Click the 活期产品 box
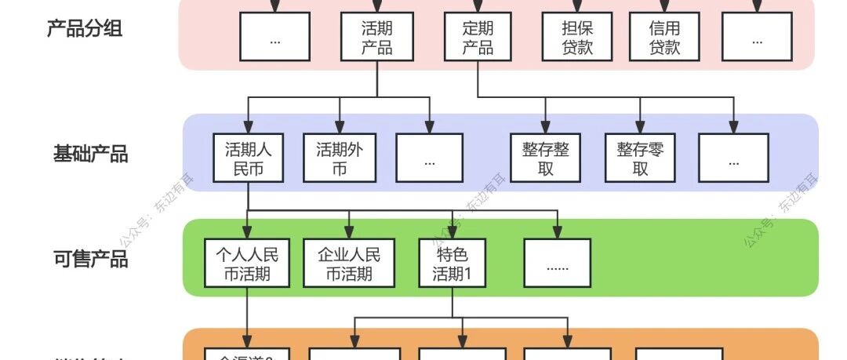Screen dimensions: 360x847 377,38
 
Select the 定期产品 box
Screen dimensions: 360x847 478,38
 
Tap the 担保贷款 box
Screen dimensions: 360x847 577,38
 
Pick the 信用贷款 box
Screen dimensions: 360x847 664,38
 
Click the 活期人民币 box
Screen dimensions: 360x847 248,158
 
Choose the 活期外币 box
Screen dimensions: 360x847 340,158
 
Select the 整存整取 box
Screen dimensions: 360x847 546,158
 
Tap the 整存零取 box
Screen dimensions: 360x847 640,158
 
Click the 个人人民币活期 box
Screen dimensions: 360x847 247,264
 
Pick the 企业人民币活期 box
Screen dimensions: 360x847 348,264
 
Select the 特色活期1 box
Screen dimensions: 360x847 452,264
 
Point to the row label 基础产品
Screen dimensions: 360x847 90,154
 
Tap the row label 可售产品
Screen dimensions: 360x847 90,259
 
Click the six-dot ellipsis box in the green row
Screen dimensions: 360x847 557,264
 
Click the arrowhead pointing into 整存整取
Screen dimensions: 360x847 546,128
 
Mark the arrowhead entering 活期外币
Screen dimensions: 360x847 340,128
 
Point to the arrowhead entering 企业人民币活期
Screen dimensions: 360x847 348,233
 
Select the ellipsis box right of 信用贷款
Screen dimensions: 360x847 757,38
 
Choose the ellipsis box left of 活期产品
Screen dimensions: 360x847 274,38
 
